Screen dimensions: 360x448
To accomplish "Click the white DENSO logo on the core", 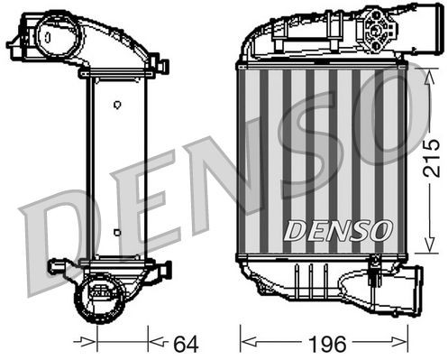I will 339,230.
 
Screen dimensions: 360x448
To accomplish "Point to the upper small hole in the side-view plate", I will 116,105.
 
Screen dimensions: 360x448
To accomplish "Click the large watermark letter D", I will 54,244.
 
